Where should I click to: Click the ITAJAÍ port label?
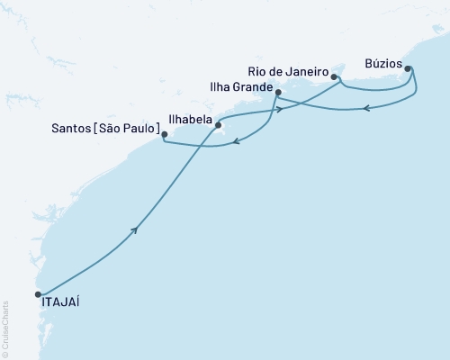point(60,304)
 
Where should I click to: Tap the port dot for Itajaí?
point(38,293)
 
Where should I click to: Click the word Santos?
point(74,130)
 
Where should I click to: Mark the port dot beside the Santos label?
point(164,136)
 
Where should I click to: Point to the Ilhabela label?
point(190,118)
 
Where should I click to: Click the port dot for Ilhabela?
point(218,126)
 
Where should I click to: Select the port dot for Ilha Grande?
point(278,93)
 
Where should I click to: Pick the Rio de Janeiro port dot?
point(334,77)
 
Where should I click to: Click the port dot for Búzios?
point(408,68)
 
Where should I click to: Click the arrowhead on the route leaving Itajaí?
point(136,230)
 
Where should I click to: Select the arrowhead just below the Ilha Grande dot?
point(280,110)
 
